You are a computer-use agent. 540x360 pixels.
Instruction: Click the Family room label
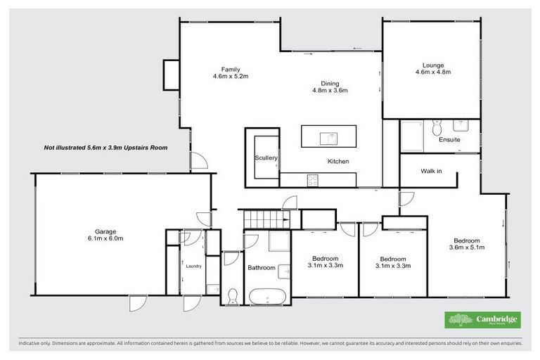(231, 72)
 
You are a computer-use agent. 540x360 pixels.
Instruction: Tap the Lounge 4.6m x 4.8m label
(432, 68)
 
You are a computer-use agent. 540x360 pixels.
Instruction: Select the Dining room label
(330, 86)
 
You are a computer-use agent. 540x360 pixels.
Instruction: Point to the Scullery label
(266, 158)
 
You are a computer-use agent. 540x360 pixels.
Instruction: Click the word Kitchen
(338, 162)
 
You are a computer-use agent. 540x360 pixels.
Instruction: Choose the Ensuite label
(449, 140)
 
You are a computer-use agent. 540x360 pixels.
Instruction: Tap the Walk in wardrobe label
(431, 171)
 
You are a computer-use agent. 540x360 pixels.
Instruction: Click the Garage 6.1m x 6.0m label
(109, 235)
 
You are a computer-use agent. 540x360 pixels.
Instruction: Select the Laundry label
(193, 266)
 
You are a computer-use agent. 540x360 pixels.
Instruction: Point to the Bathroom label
(261, 268)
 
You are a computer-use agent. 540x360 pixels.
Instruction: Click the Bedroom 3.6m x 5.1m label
(466, 243)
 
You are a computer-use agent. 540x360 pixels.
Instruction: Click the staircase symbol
(264, 219)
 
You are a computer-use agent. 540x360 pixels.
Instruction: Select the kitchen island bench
(329, 136)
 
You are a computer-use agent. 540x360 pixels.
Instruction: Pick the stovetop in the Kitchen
(311, 181)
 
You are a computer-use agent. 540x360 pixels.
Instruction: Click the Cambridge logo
(483, 320)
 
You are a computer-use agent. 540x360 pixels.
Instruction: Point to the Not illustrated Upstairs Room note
(105, 148)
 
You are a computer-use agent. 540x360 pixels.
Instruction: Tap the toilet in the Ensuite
(437, 127)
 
